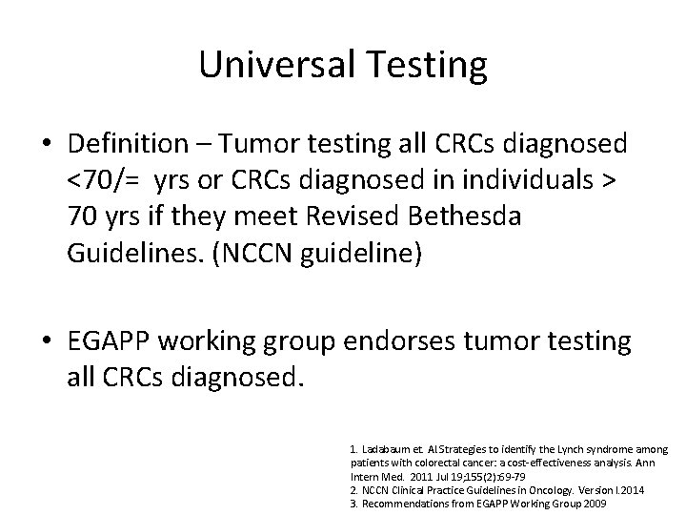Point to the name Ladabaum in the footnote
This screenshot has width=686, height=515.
point(389,448)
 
